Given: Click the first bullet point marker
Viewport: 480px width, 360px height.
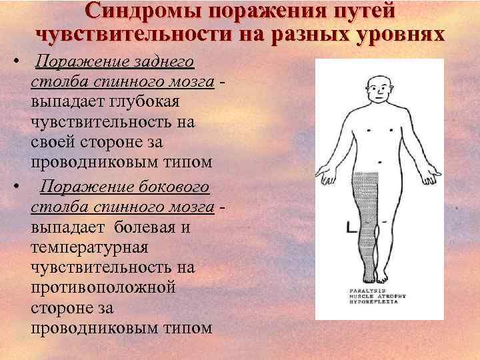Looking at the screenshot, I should pos(15,63).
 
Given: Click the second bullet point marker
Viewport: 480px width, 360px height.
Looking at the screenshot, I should pos(15,187).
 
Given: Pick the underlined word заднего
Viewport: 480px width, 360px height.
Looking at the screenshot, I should pos(163,62).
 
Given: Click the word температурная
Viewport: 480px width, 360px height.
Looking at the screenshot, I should pos(93,248).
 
